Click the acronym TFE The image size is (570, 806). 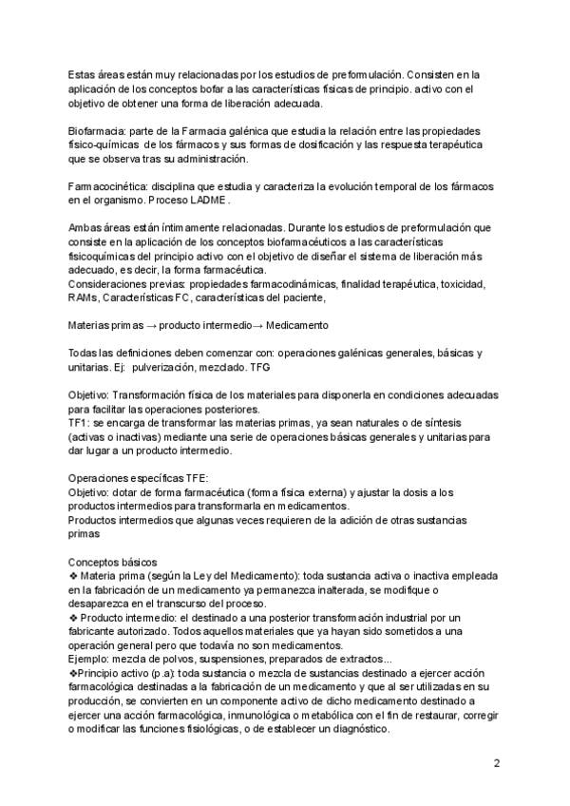(194, 478)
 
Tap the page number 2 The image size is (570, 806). (496, 763)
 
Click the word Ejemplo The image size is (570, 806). (91, 660)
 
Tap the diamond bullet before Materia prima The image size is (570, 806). (74, 577)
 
